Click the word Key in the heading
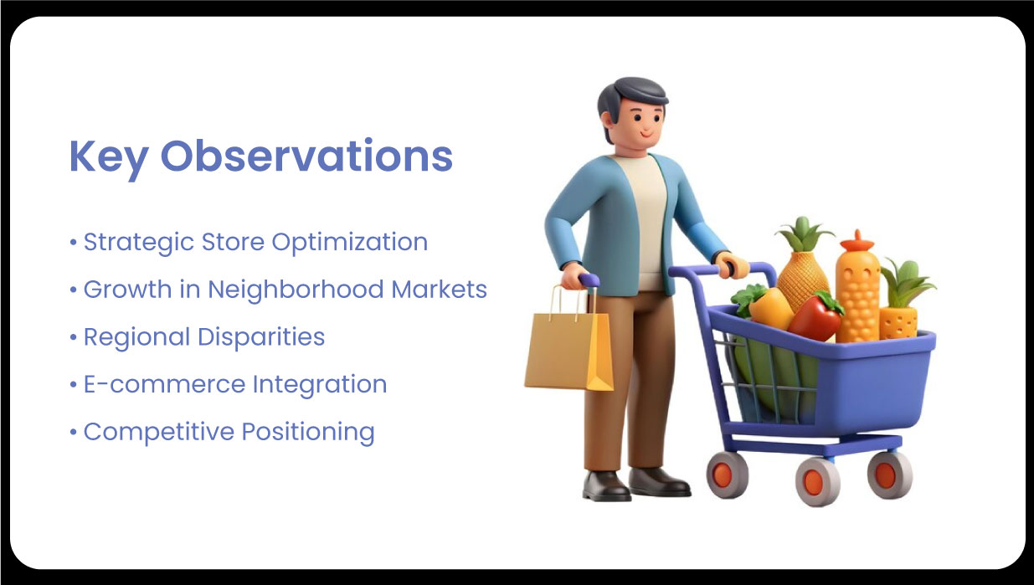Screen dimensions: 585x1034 106,157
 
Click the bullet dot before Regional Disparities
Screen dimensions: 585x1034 74,337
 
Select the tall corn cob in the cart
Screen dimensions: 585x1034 857,289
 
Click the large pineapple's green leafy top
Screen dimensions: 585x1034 802,234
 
